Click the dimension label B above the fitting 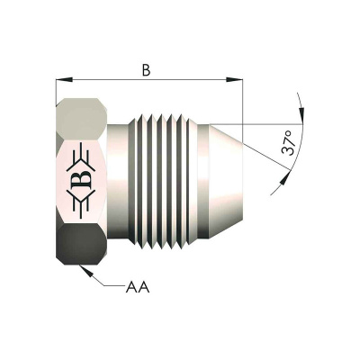[146, 70]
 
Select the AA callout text [137, 287]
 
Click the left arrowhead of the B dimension [65, 79]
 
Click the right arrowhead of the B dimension [234, 79]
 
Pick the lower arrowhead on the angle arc [285, 179]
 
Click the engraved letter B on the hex [82, 179]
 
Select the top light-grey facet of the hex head [82, 119]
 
